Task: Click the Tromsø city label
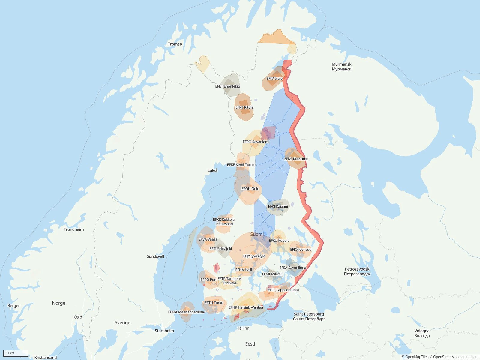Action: coord(175,44)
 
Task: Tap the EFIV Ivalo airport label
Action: coord(274,79)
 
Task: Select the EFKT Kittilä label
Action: coord(244,107)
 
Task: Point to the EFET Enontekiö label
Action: coord(227,86)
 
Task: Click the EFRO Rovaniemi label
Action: coord(256,142)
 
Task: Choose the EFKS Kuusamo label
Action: coord(296,159)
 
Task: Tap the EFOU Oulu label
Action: coord(250,189)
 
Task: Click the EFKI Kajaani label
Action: coord(278,206)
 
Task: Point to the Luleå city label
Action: coord(212,170)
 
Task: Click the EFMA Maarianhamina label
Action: coord(186,312)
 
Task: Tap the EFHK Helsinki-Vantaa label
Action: coord(246,307)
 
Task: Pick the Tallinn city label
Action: coord(243,328)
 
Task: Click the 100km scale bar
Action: coord(16,353)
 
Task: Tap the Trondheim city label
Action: coord(74,229)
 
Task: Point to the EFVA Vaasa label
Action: coord(208,239)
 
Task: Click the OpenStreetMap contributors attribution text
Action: coord(454,357)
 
